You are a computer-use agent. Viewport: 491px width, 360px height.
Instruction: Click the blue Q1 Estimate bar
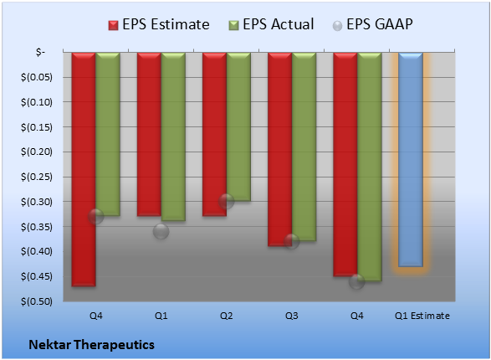(411, 159)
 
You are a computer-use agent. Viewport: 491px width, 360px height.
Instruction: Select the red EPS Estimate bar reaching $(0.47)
(84, 169)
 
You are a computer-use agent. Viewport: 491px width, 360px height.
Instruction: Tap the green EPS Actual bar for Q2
(238, 127)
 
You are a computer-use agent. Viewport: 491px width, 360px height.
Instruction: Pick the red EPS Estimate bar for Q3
(280, 150)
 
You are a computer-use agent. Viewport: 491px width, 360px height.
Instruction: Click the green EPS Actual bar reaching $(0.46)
(370, 167)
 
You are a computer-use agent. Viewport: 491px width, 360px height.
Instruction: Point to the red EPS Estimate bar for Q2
(214, 135)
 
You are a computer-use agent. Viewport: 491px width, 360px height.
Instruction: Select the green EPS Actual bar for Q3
(304, 147)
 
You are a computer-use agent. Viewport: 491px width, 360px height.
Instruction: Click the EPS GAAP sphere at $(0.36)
(161, 232)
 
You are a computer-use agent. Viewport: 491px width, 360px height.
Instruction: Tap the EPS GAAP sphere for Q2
(227, 202)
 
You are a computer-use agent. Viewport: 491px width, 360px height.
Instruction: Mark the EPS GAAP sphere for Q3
(292, 241)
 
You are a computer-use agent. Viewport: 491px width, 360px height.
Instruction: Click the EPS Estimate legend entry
(159, 24)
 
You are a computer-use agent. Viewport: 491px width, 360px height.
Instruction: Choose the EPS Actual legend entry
(271, 24)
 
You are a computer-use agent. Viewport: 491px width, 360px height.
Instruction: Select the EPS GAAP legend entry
(372, 24)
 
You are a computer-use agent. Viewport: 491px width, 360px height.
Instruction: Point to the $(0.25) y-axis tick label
(37, 177)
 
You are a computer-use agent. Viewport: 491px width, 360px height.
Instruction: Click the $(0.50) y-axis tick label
(37, 301)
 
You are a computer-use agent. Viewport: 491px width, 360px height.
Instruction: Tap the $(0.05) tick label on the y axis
(37, 77)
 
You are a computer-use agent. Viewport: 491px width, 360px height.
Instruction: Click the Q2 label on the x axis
(227, 316)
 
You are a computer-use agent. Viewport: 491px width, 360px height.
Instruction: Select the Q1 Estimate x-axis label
(422, 316)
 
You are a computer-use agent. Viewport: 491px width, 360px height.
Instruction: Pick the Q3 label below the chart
(292, 316)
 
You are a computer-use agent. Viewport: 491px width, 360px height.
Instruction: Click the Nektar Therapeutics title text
(92, 345)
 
